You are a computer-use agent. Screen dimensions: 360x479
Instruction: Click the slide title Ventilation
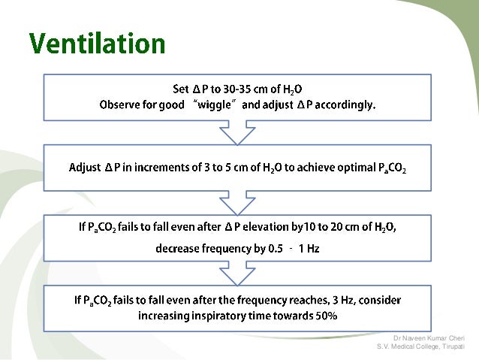click(98, 43)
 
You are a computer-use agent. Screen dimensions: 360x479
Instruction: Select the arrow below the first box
click(237, 134)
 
